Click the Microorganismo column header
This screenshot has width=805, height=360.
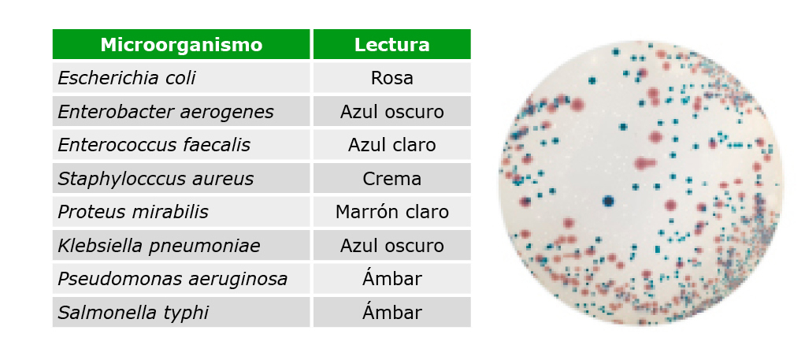(181, 45)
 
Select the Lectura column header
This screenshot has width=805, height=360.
(391, 45)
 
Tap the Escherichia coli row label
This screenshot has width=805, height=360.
(126, 78)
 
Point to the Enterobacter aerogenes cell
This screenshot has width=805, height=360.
(165, 111)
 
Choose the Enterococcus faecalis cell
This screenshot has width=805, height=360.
(154, 145)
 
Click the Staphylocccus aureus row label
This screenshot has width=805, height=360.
(155, 179)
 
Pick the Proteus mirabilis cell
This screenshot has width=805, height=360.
(133, 212)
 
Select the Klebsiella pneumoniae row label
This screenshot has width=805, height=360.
(158, 246)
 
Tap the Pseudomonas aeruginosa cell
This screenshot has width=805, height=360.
(172, 279)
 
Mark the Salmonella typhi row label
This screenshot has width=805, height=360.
(133, 313)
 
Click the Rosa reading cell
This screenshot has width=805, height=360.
(391, 78)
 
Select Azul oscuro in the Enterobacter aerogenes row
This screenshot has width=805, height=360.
(391, 111)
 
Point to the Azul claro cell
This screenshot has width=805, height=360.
(391, 145)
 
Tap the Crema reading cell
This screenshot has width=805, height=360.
(391, 179)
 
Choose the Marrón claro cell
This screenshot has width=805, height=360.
(391, 212)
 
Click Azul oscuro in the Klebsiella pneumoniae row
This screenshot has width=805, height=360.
(391, 246)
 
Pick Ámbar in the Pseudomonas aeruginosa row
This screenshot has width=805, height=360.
(391, 279)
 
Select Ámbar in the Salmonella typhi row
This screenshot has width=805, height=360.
(391, 312)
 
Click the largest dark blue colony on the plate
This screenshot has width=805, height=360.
(609, 201)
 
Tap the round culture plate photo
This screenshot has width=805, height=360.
(640, 183)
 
